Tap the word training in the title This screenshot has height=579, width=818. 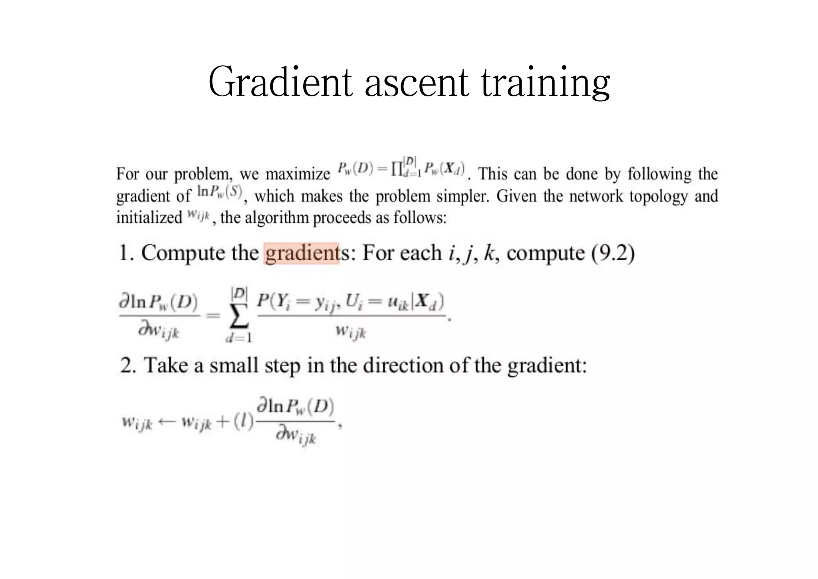tap(545, 84)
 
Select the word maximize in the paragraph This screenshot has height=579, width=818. tap(298, 174)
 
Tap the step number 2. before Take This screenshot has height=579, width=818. tap(128, 365)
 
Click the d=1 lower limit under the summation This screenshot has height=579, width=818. tap(239, 338)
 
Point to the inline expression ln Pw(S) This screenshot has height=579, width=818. tap(219, 192)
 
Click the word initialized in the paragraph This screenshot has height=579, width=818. tap(149, 218)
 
